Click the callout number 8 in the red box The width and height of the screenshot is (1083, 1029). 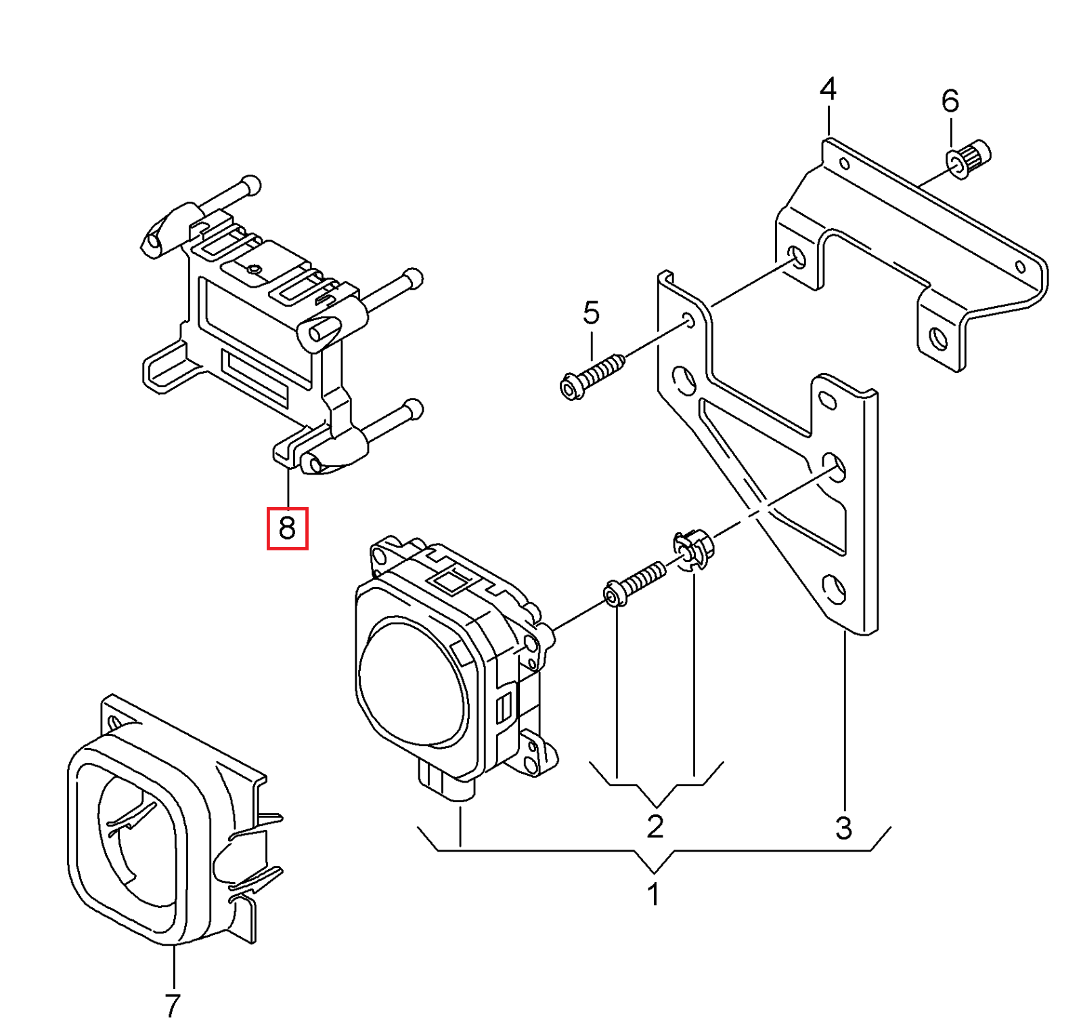287,527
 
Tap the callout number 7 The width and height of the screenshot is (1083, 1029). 173,1005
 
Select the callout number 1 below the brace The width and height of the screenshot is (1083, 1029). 653,894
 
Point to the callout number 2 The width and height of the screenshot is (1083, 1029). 655,826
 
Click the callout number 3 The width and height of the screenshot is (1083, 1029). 843,827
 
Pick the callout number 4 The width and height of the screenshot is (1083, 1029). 827,89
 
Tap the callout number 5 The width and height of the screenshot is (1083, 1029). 591,313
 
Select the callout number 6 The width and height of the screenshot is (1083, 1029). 950,101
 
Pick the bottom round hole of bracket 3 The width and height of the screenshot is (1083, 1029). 833,589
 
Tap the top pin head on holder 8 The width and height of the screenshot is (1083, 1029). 250,184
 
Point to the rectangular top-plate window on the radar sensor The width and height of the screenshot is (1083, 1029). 449,581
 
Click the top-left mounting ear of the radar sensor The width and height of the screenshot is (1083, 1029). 381,554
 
